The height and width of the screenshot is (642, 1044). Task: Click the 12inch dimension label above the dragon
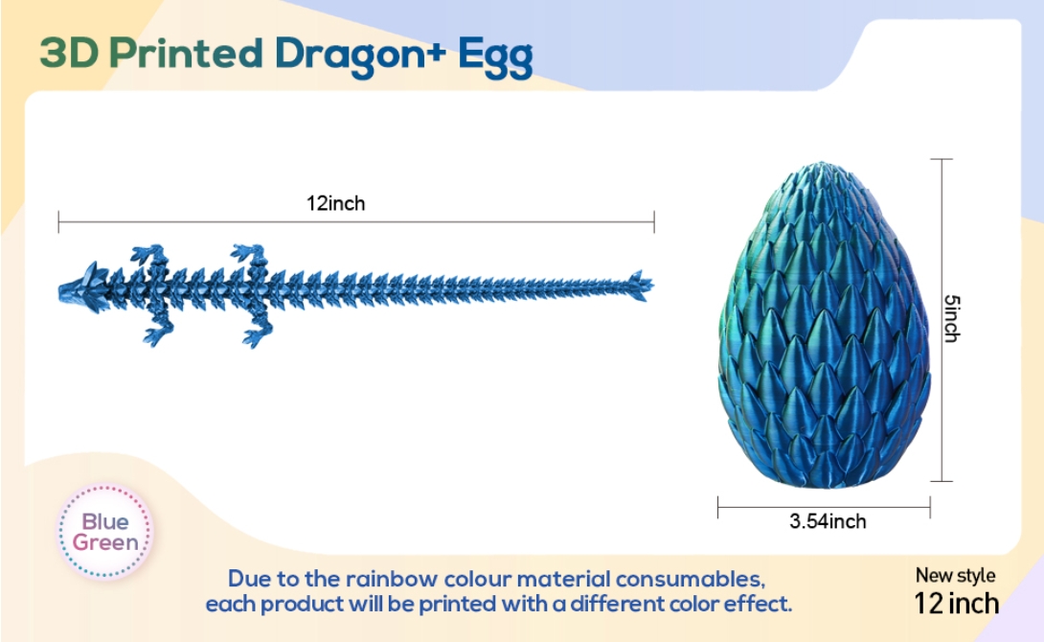[x=335, y=203]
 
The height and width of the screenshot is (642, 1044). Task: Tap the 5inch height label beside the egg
[x=952, y=318]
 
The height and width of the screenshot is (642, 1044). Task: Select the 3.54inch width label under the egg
[x=828, y=521]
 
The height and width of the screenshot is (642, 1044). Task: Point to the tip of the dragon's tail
[x=653, y=286]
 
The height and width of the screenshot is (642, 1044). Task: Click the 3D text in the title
[x=69, y=53]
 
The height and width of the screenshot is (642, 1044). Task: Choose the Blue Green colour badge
[x=104, y=532]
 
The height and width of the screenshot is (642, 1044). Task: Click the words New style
[x=955, y=575]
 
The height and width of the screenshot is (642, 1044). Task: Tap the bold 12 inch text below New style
[x=956, y=604]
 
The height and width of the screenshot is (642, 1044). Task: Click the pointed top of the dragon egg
[x=823, y=162]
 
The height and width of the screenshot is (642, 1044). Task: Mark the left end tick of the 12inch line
[x=58, y=221]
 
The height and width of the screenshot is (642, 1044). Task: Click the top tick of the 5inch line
[x=942, y=159]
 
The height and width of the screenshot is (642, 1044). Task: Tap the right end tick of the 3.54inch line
[x=930, y=508]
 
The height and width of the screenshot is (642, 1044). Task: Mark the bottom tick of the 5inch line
[x=942, y=481]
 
